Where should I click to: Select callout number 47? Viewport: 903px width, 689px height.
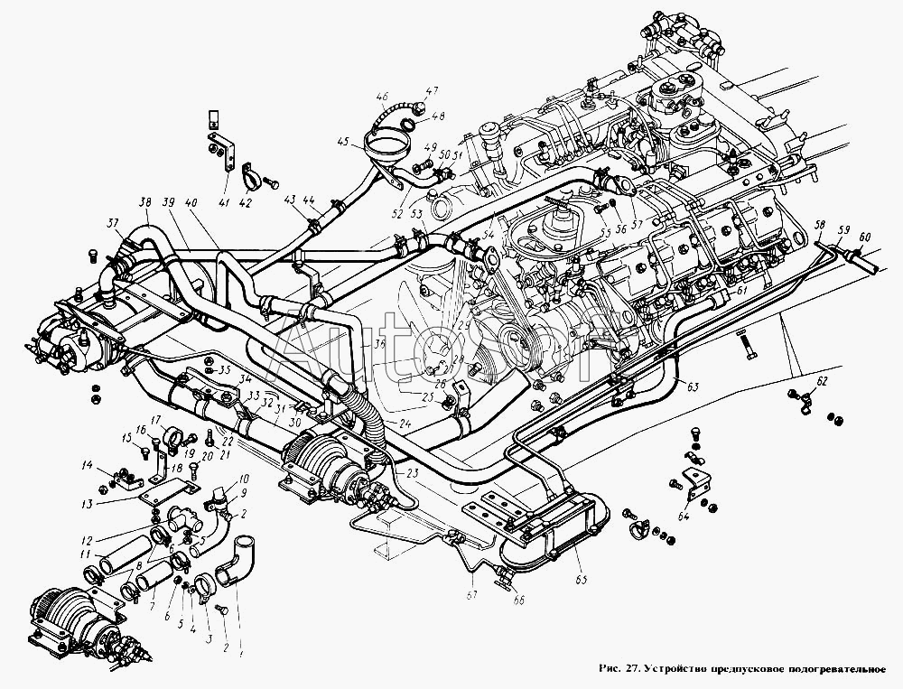click(x=432, y=91)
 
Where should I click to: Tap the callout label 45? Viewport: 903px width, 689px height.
click(x=342, y=141)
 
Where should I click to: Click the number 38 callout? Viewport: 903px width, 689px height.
click(x=145, y=201)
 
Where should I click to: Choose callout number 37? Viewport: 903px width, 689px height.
click(x=112, y=225)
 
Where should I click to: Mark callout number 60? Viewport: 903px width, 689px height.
click(x=867, y=236)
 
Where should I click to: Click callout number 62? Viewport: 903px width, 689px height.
click(x=820, y=383)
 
